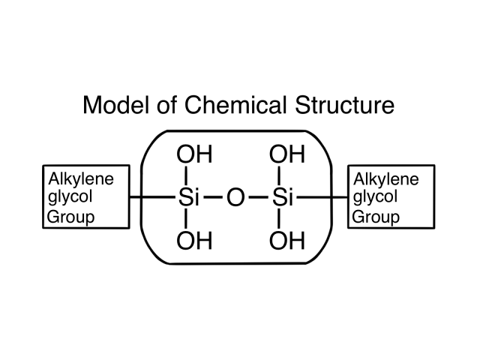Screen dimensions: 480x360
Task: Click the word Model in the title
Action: click(x=116, y=105)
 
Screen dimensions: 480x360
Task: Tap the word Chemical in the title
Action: click(x=235, y=105)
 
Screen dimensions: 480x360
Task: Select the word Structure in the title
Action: click(x=345, y=105)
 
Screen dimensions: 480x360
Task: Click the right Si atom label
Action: click(x=283, y=196)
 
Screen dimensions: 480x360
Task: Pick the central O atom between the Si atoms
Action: click(x=235, y=197)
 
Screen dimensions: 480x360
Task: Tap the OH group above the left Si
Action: click(x=194, y=154)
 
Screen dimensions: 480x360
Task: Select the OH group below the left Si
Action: click(x=194, y=240)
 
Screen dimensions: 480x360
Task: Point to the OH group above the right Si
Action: click(x=287, y=154)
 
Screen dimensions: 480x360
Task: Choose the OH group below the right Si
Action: click(x=287, y=240)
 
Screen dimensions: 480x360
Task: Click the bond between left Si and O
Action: click(x=213, y=197)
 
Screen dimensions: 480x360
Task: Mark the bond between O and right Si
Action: click(x=259, y=197)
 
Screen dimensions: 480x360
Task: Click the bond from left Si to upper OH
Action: click(x=187, y=175)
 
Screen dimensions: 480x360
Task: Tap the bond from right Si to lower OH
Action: click(x=279, y=218)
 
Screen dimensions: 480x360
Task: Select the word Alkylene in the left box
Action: click(x=81, y=178)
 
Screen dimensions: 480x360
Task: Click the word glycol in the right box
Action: click(x=375, y=196)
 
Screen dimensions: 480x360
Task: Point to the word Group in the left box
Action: click(x=70, y=217)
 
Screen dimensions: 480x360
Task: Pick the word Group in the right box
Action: click(x=376, y=217)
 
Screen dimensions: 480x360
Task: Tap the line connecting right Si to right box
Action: click(x=322, y=197)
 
